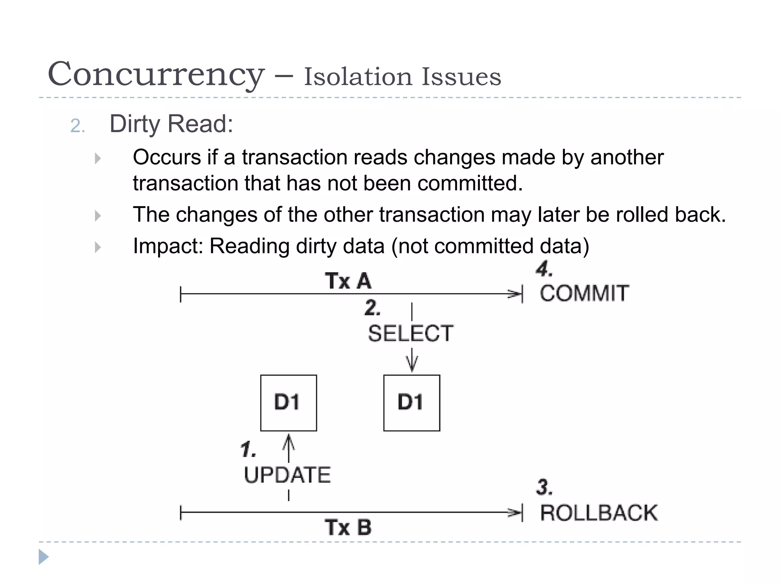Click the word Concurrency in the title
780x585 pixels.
[x=156, y=74]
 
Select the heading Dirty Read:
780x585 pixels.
[x=171, y=124]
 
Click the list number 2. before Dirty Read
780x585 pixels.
[x=77, y=126]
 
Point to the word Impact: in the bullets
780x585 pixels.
[x=168, y=246]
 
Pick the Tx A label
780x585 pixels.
[x=348, y=281]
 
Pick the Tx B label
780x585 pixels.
[x=348, y=527]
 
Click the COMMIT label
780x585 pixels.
[x=584, y=293]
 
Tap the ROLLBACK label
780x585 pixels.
[x=599, y=513]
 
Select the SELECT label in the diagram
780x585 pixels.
[x=411, y=333]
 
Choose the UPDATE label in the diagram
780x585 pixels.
[x=287, y=475]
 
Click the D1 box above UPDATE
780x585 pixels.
[x=288, y=403]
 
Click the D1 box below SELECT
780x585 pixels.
[x=411, y=403]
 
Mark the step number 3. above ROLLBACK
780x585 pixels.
[x=544, y=487]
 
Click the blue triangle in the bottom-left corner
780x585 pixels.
[x=43, y=557]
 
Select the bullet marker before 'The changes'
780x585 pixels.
[x=98, y=216]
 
